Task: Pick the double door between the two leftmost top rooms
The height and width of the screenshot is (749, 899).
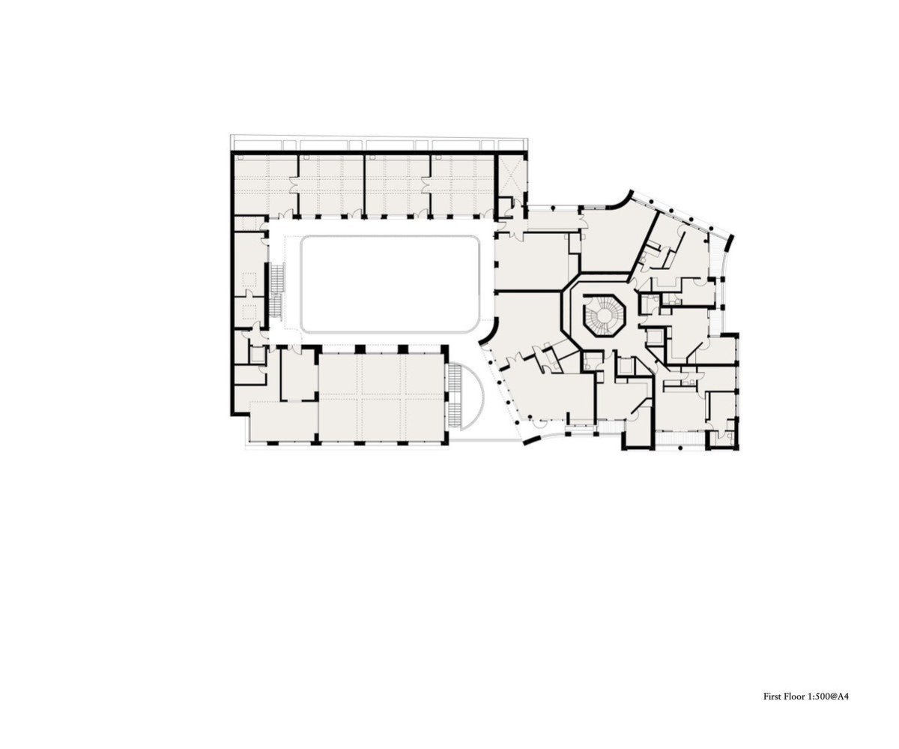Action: coord(297,186)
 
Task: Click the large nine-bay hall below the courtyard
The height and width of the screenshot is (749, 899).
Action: coord(381,397)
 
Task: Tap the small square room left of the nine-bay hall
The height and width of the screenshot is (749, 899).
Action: coord(300,374)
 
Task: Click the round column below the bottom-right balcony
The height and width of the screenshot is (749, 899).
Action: coord(679,448)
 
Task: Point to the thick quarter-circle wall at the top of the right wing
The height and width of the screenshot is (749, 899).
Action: coord(620,202)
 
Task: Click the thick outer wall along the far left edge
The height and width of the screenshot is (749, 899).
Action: coord(232,283)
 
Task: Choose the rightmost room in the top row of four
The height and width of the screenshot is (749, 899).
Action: coord(462,184)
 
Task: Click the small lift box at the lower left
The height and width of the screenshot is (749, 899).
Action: coord(258,354)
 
